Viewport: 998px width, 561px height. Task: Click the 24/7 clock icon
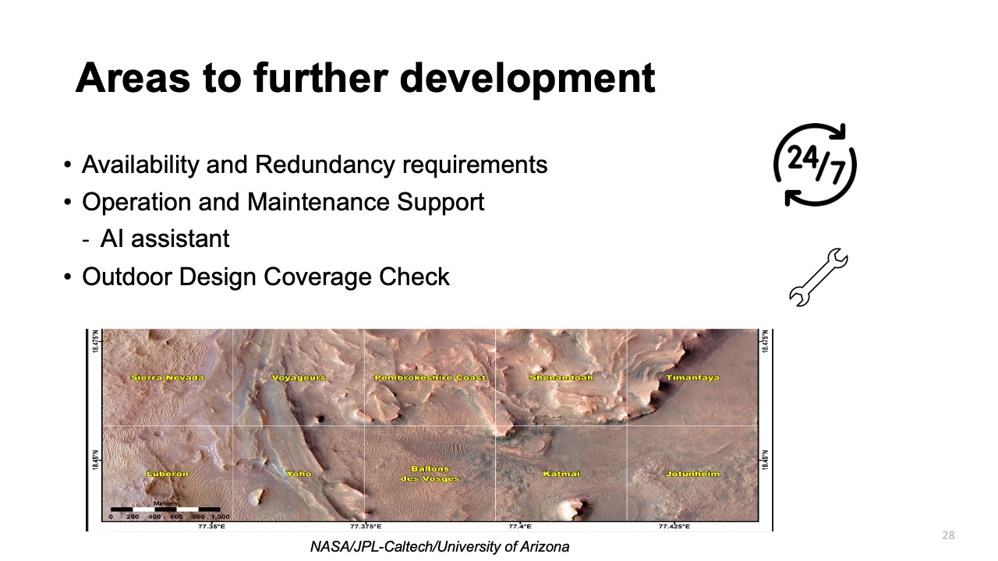click(x=816, y=164)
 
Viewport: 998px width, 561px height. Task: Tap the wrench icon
click(x=818, y=277)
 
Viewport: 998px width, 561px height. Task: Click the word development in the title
click(x=514, y=78)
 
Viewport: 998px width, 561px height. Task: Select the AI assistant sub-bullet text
click(x=165, y=238)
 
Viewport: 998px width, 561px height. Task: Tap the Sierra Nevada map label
click(x=168, y=378)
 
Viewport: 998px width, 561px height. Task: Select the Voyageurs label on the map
click(x=299, y=378)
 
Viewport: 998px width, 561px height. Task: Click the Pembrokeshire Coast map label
click(x=430, y=378)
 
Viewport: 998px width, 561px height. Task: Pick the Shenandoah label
click(x=561, y=378)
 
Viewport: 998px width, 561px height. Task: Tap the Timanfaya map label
click(x=692, y=378)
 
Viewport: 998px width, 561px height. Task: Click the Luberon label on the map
click(x=168, y=474)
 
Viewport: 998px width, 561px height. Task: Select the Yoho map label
click(x=299, y=474)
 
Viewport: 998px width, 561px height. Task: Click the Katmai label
click(x=561, y=474)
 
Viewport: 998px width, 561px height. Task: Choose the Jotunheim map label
click(x=692, y=474)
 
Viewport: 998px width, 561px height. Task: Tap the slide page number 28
click(x=948, y=535)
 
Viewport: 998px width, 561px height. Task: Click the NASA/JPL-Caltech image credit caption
click(x=439, y=547)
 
